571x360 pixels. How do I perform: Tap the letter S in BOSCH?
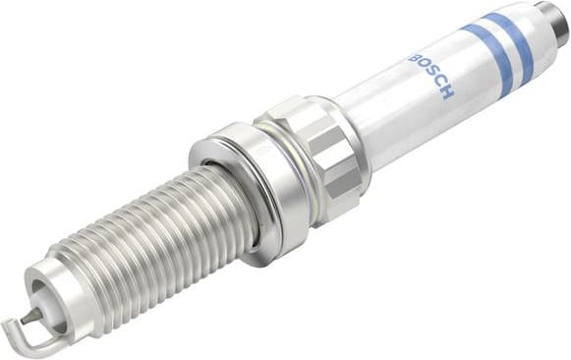pyautogui.click(x=429, y=77)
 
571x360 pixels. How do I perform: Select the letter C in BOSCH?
pyautogui.click(x=438, y=86)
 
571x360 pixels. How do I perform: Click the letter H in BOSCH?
pyautogui.click(x=448, y=94)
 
